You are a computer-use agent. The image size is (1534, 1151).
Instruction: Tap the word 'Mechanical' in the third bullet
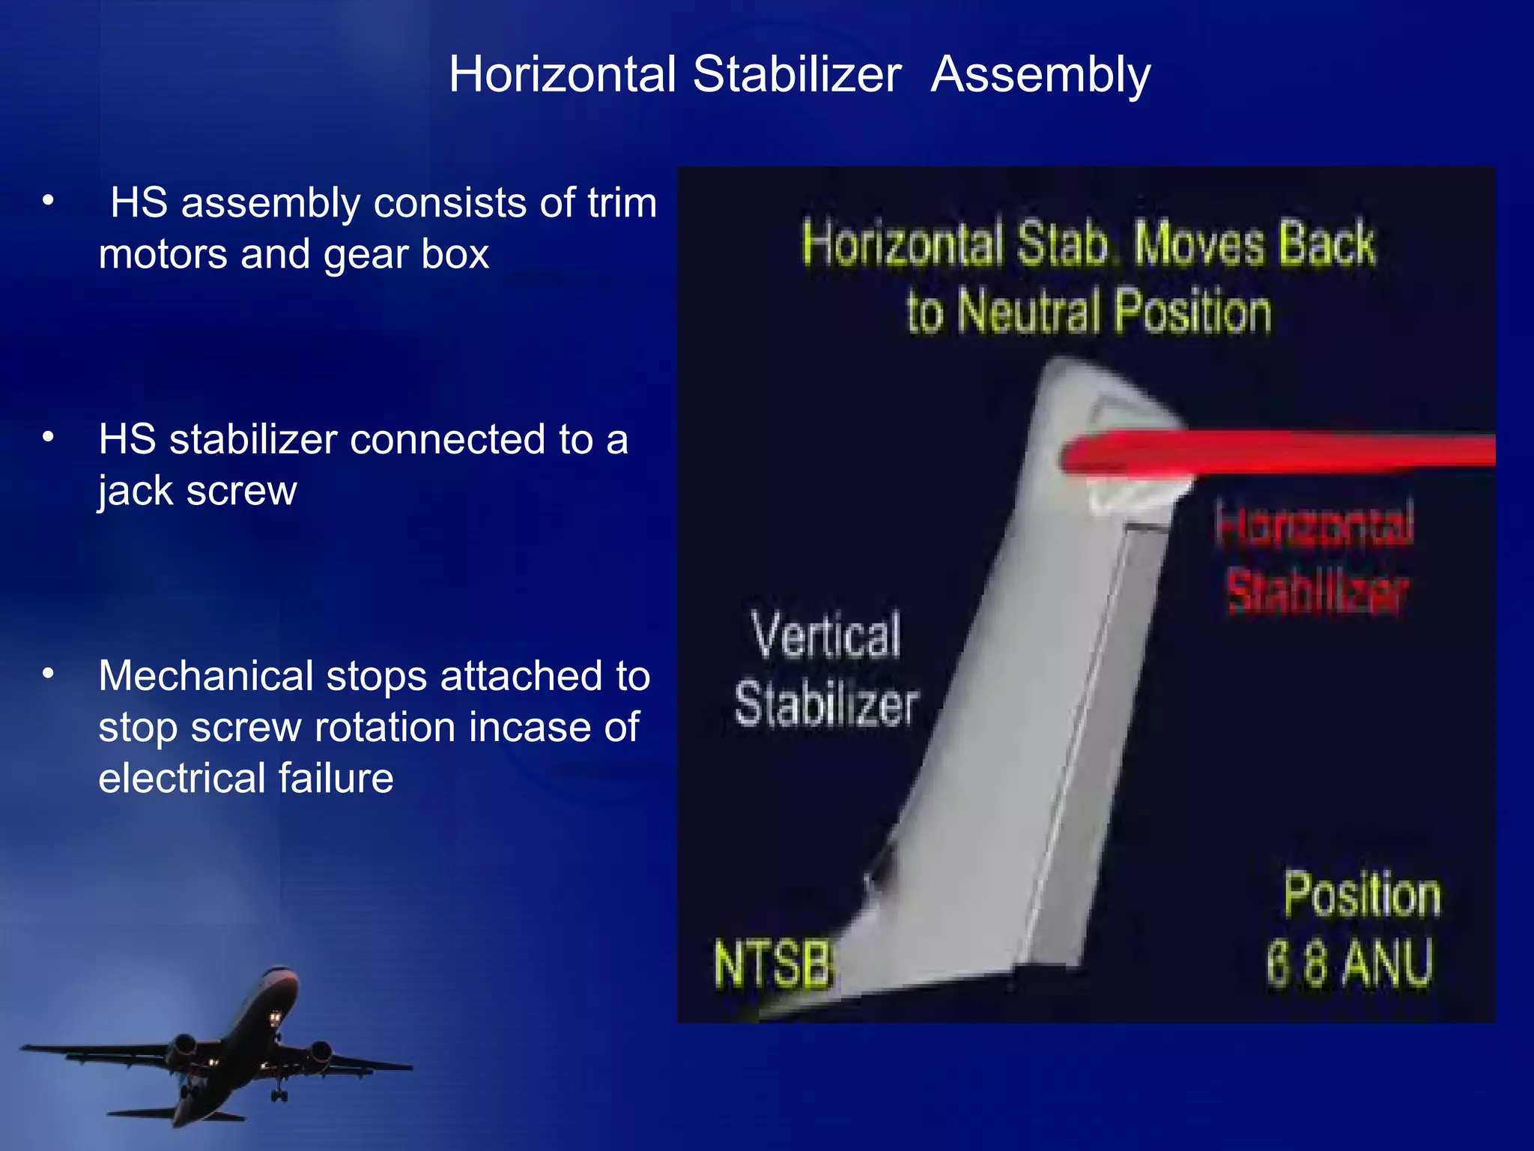[x=205, y=676]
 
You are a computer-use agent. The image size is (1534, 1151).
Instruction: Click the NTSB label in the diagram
[x=773, y=964]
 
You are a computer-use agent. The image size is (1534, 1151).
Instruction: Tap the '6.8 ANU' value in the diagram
[x=1349, y=964]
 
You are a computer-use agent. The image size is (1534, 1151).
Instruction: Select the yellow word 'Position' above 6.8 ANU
[x=1362, y=895]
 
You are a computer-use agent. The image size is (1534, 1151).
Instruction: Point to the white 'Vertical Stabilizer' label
[x=826, y=669]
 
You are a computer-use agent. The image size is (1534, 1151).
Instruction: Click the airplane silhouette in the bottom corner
[x=225, y=1049]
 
